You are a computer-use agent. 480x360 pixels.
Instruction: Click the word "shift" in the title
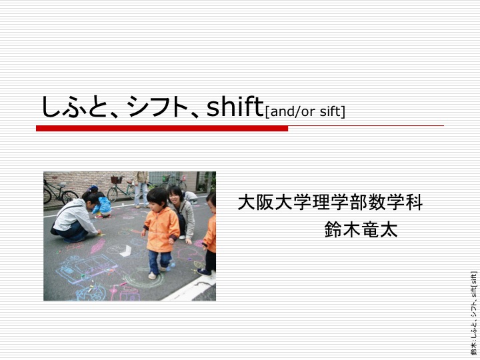coord(235,107)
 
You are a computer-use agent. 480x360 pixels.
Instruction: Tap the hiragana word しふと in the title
coord(75,107)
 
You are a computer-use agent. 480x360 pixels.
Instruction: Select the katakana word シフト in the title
coord(157,107)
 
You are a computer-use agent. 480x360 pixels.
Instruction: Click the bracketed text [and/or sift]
coord(305,112)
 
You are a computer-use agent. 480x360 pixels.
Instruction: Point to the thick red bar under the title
coord(162,128)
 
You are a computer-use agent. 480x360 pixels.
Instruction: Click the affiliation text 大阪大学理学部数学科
coord(330,202)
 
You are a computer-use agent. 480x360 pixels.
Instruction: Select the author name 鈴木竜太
coord(361,229)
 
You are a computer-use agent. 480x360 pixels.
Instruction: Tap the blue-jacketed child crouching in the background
coord(102,206)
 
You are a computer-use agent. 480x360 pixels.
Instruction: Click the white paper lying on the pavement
coord(126,251)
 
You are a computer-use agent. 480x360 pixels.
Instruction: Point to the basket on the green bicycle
coord(116,179)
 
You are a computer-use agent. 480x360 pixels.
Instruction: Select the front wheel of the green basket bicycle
coord(113,195)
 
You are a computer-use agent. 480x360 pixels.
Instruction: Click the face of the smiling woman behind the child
coord(175,196)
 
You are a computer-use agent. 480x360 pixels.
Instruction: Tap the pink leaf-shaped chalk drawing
coord(98,246)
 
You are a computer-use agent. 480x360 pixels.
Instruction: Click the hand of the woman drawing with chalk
coord(99,233)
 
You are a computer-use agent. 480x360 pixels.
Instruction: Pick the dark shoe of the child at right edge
coord(204,272)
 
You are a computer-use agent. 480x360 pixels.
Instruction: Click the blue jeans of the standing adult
coord(141,195)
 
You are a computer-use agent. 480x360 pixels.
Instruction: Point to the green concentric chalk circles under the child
coord(143,279)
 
